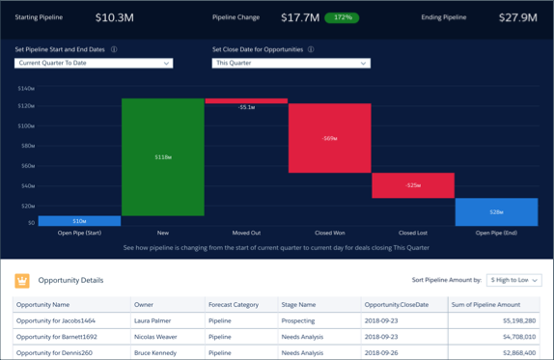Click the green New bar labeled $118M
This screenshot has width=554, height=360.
pos(162,156)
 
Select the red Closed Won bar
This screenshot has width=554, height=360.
pos(329,138)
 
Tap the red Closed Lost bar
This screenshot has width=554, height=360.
pos(412,185)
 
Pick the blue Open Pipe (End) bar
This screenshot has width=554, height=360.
pos(496,211)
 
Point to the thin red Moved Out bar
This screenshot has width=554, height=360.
pos(246,100)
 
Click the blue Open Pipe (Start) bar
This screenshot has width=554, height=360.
pos(79,221)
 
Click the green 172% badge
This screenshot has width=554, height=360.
pos(341,17)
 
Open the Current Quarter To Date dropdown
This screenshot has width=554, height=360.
pos(94,64)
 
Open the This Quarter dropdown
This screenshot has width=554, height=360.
pos(291,64)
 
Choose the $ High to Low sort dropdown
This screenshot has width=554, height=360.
pos(513,280)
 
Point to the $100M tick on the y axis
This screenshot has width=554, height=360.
pos(26,125)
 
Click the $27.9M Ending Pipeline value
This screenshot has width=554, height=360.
pos(518,17)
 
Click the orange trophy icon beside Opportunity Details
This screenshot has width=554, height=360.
pos(22,281)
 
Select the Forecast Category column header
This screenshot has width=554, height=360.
pos(235,304)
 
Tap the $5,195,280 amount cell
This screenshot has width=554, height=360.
pos(512,320)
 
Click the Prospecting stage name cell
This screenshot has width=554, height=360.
pos(305,320)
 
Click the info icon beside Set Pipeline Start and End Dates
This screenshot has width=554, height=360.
pos(114,49)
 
